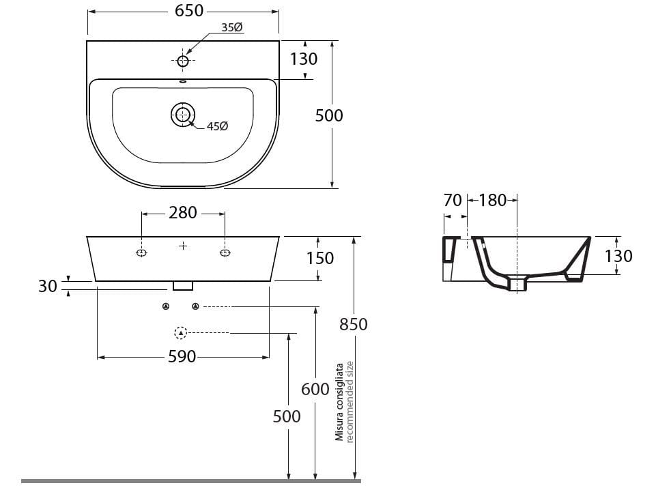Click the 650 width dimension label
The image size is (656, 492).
pyautogui.click(x=189, y=11)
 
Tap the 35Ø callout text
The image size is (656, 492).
pyautogui.click(x=232, y=27)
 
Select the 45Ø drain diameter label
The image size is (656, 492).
pyautogui.click(x=217, y=126)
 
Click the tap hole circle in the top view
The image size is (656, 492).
pyautogui.click(x=183, y=61)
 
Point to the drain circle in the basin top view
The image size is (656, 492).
pyautogui.click(x=183, y=114)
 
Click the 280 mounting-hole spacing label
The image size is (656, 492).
pyautogui.click(x=183, y=213)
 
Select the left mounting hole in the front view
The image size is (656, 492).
pyautogui.click(x=142, y=252)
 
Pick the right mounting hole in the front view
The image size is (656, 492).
pyautogui.click(x=225, y=252)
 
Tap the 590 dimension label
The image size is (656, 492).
pyautogui.click(x=182, y=356)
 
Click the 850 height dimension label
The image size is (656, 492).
pyautogui.click(x=354, y=324)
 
